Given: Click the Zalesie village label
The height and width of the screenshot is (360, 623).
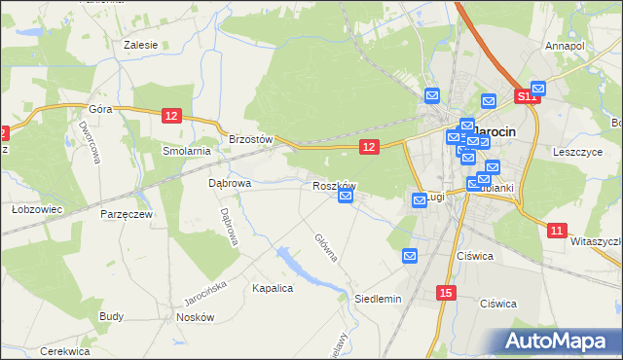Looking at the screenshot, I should coord(141,45).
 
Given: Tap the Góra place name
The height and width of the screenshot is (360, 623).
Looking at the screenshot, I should coord(101,109).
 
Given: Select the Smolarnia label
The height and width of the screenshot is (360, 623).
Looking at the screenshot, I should coord(187,151).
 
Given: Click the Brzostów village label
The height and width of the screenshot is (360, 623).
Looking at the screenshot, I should coord(250,139).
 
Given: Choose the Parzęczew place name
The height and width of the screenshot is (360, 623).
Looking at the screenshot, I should coord(126,214).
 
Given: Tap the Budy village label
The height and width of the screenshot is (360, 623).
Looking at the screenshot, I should coord(111,317).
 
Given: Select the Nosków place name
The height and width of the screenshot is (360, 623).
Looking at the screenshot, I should coord(195,318).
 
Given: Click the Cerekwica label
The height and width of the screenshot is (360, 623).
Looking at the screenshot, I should coord(65,351).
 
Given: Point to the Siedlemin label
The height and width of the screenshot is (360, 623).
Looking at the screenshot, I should coord(378,299).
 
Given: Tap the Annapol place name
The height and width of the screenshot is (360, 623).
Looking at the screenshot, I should coord(565,46).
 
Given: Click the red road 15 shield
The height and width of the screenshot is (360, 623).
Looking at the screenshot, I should coord(446,293).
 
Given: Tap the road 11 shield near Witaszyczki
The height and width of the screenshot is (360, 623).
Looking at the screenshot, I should coord(556,231).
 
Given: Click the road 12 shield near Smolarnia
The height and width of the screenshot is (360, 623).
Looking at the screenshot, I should coord(171,116).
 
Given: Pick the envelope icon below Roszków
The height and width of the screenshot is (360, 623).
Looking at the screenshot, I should coord(346,198).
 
